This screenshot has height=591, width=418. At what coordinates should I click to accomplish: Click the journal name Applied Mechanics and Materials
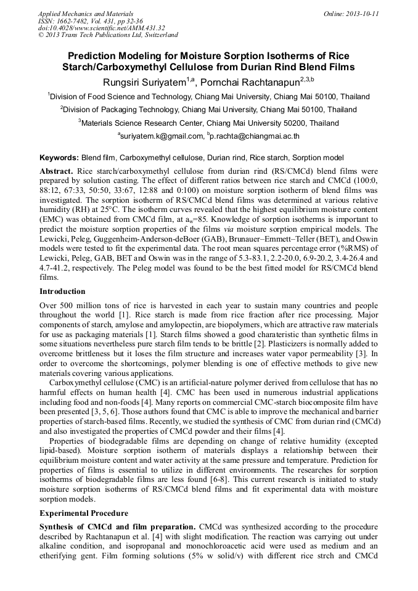click(x=85, y=13)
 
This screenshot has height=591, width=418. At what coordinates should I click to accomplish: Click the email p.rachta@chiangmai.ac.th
click(x=254, y=136)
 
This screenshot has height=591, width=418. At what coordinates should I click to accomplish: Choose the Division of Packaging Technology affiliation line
click(x=208, y=110)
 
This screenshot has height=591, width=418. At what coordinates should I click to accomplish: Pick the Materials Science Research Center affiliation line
click(x=208, y=123)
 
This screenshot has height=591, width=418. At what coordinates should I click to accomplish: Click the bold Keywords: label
click(x=59, y=158)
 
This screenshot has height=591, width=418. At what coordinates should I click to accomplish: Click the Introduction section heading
click(x=63, y=291)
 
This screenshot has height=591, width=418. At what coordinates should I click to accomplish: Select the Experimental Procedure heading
click(x=84, y=513)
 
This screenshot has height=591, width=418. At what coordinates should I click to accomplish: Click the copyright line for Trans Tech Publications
click(x=108, y=35)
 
